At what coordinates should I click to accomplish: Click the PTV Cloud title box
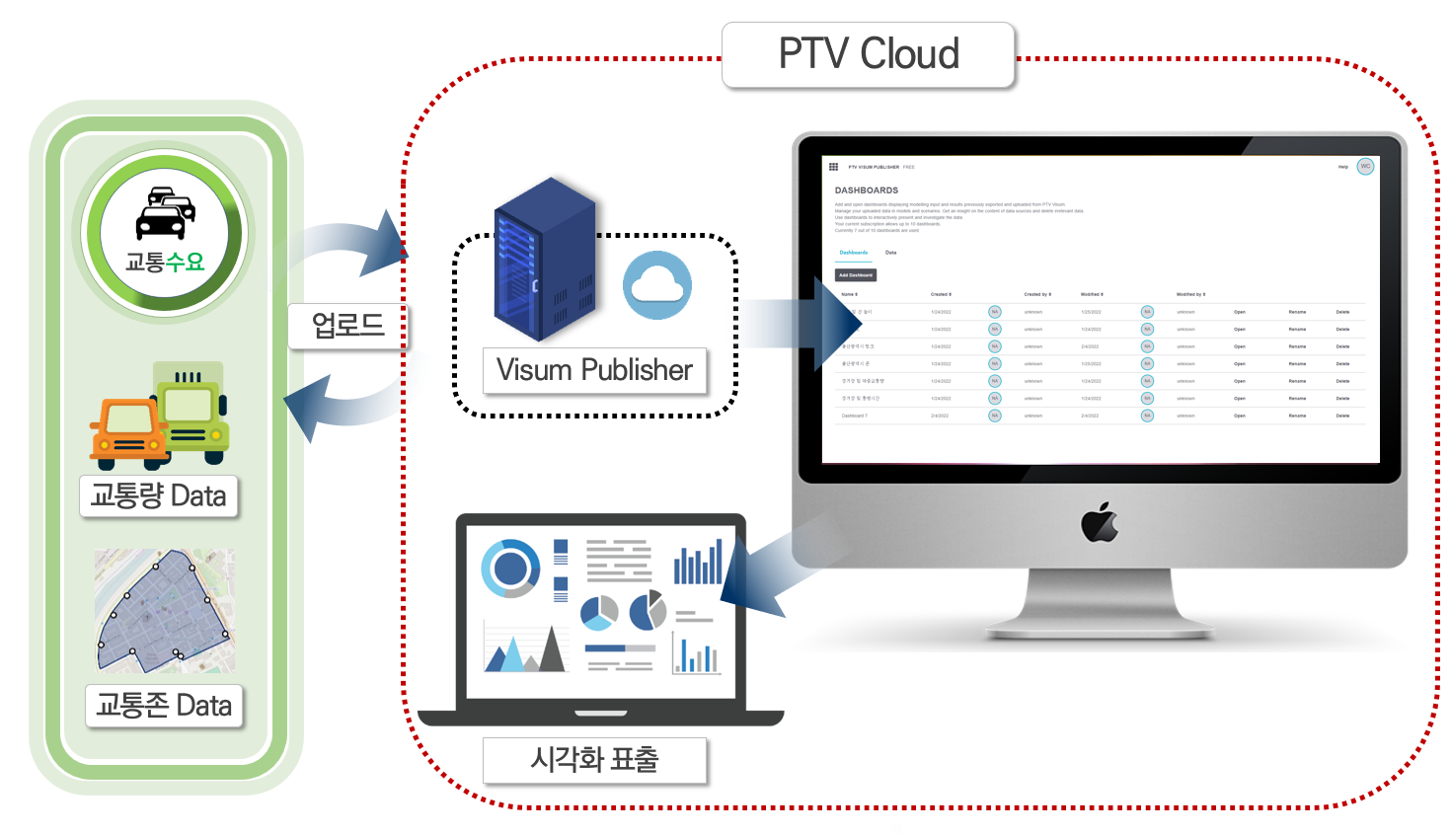pyautogui.click(x=869, y=54)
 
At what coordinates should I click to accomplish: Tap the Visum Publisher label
pyautogui.click(x=594, y=370)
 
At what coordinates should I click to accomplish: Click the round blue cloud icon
pyautogui.click(x=656, y=285)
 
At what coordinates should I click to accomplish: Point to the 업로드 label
pyautogui.click(x=347, y=325)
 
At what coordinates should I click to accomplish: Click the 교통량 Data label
pyautogui.click(x=158, y=495)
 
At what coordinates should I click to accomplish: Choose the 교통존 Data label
pyautogui.click(x=164, y=706)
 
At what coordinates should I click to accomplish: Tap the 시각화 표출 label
pyautogui.click(x=594, y=760)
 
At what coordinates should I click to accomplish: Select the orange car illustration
pyautogui.click(x=127, y=433)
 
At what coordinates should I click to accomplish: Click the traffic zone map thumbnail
pyautogui.click(x=165, y=611)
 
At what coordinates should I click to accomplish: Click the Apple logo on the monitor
pyautogui.click(x=1100, y=522)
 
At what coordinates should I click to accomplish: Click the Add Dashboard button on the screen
pyautogui.click(x=856, y=275)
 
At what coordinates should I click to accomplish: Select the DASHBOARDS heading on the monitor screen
pyautogui.click(x=867, y=190)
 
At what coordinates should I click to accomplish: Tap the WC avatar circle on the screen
pyautogui.click(x=1365, y=167)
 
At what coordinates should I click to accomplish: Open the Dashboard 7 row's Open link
pyautogui.click(x=1239, y=417)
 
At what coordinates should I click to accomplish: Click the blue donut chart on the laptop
pyautogui.click(x=510, y=568)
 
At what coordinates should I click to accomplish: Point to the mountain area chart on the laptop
pyautogui.click(x=525, y=648)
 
